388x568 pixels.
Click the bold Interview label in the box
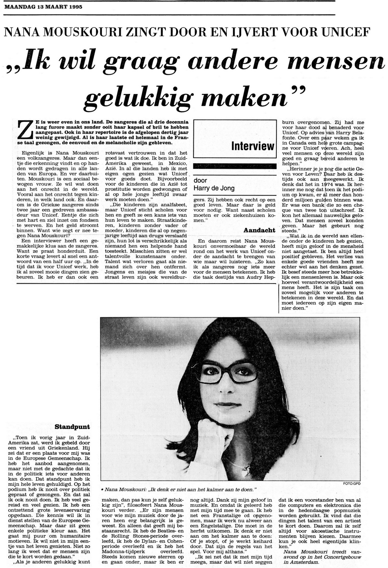click(252, 146)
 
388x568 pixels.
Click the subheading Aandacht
click(259, 230)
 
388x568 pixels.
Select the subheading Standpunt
click(72, 426)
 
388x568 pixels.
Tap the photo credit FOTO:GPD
click(352, 483)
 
